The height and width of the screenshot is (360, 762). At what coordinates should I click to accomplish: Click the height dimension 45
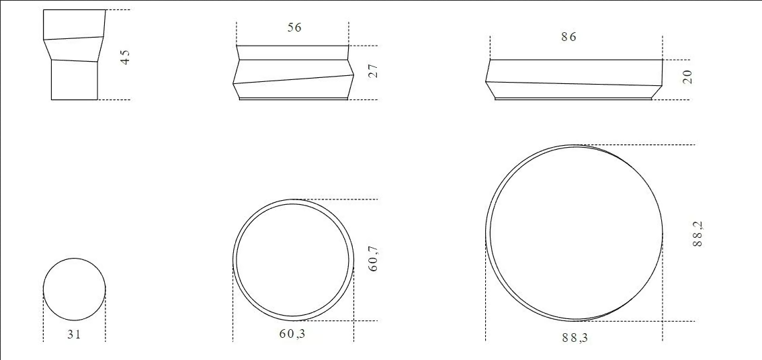tap(126, 57)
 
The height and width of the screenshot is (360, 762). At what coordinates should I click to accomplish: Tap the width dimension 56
tap(294, 28)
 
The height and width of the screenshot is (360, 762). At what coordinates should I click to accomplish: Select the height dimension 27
tap(373, 71)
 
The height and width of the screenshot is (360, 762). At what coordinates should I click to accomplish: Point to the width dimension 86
tap(568, 37)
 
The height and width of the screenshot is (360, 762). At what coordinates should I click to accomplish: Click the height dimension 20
tap(687, 77)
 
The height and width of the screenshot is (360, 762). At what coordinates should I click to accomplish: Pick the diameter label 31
tap(74, 334)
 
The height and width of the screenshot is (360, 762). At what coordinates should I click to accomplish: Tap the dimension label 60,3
tap(293, 334)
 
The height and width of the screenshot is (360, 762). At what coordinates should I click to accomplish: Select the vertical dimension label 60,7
tap(373, 259)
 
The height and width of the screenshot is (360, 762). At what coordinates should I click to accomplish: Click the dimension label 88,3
tap(575, 338)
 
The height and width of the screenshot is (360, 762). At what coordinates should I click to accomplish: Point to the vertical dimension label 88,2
tap(698, 234)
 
